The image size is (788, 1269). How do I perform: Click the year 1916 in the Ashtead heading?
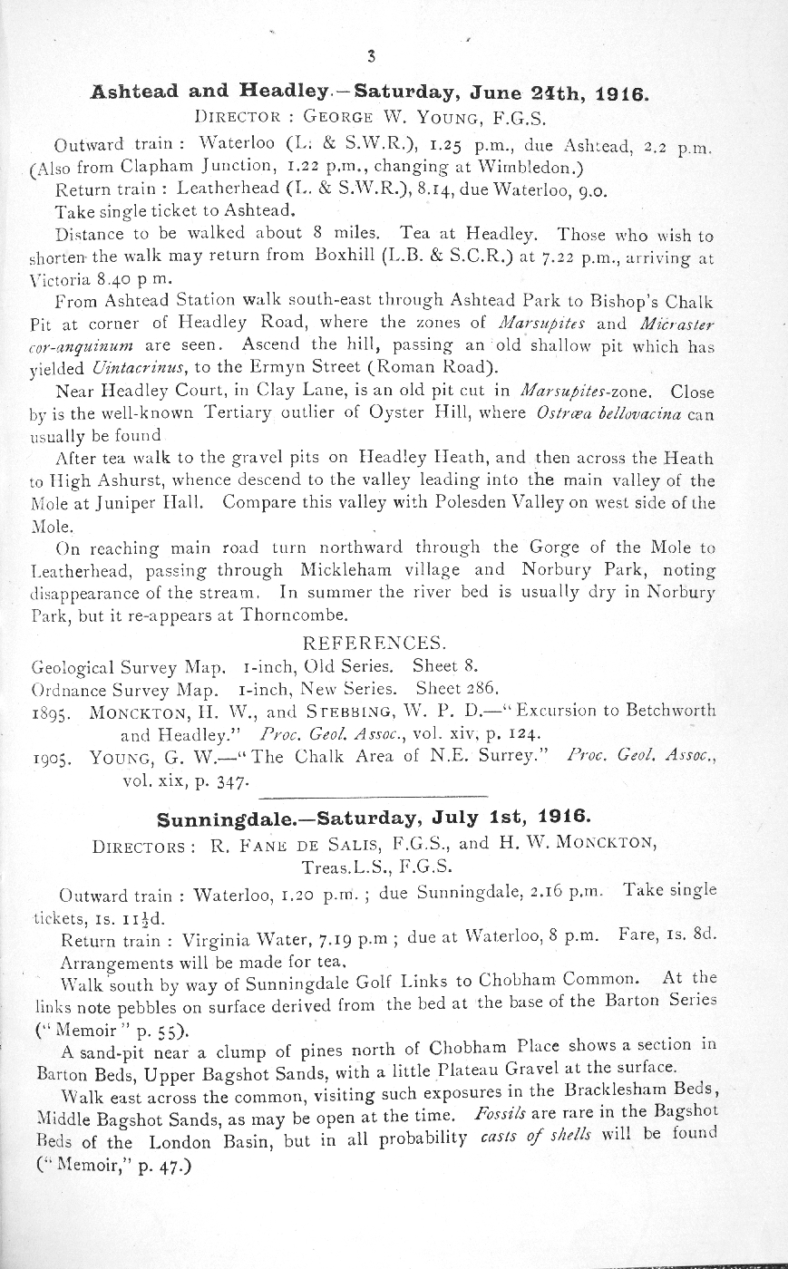point(617,92)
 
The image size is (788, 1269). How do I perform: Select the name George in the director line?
point(337,117)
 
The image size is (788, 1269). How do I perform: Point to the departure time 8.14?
point(431,190)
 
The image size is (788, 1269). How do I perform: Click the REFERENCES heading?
point(373,643)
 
